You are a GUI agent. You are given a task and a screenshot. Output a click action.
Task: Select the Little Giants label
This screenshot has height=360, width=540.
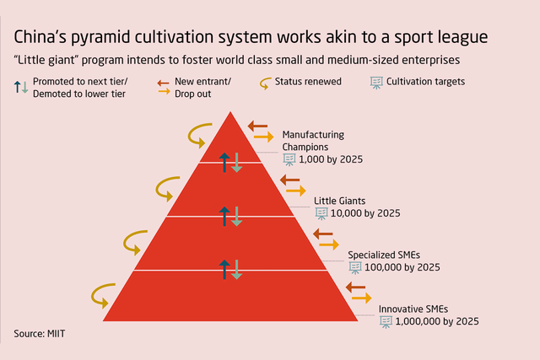click(342, 201)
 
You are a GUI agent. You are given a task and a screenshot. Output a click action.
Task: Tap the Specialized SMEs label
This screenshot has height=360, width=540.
click(384, 254)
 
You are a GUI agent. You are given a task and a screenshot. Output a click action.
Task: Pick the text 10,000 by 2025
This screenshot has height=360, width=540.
click(364, 214)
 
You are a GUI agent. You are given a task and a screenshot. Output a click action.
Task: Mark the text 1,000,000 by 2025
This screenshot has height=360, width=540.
click(436, 321)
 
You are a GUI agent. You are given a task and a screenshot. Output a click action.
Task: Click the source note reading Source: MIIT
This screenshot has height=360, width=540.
click(40, 335)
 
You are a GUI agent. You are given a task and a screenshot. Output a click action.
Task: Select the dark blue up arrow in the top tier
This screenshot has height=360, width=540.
click(224, 163)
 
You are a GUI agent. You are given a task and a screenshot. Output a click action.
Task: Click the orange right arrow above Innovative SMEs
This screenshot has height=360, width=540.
click(361, 298)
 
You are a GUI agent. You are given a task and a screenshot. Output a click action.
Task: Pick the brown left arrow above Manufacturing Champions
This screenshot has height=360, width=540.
click(257, 126)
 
